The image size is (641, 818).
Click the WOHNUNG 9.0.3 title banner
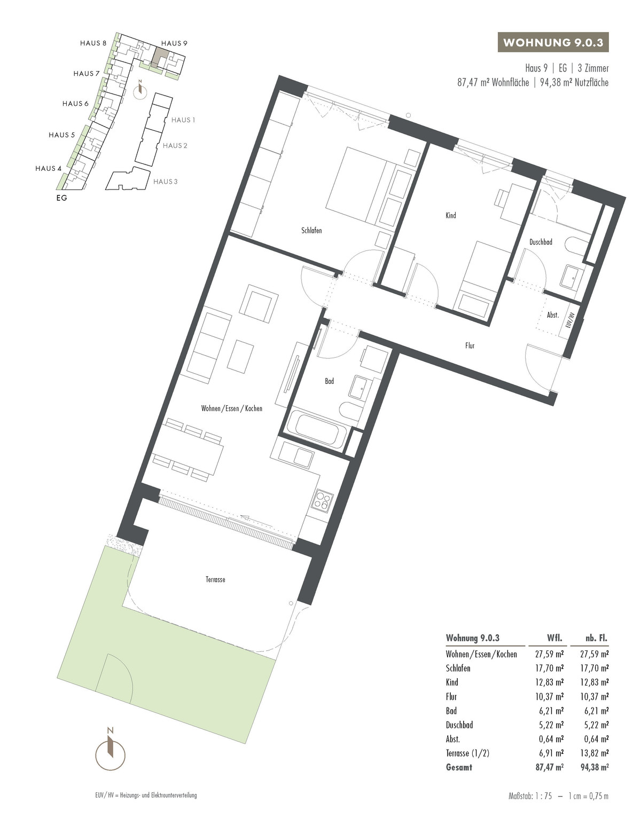click(553, 43)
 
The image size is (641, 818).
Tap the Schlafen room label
click(311, 231)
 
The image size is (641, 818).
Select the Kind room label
click(451, 216)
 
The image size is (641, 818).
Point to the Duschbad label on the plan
click(541, 242)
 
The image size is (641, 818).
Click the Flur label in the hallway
click(470, 346)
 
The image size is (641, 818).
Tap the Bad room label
click(329, 381)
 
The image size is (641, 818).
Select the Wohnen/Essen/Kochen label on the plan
click(231, 408)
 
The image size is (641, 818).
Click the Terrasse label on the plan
click(215, 579)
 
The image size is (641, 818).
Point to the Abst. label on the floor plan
click(552, 316)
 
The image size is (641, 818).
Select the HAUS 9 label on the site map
click(174, 43)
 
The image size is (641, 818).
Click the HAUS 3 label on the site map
click(165, 182)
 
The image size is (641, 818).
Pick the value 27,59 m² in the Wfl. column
click(549, 654)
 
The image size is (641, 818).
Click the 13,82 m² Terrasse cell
click(593, 753)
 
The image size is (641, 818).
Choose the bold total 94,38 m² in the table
click(593, 767)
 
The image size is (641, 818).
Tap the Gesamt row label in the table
click(459, 767)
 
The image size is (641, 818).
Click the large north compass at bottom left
click(110, 752)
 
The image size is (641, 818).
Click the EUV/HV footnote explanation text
click(143, 795)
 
